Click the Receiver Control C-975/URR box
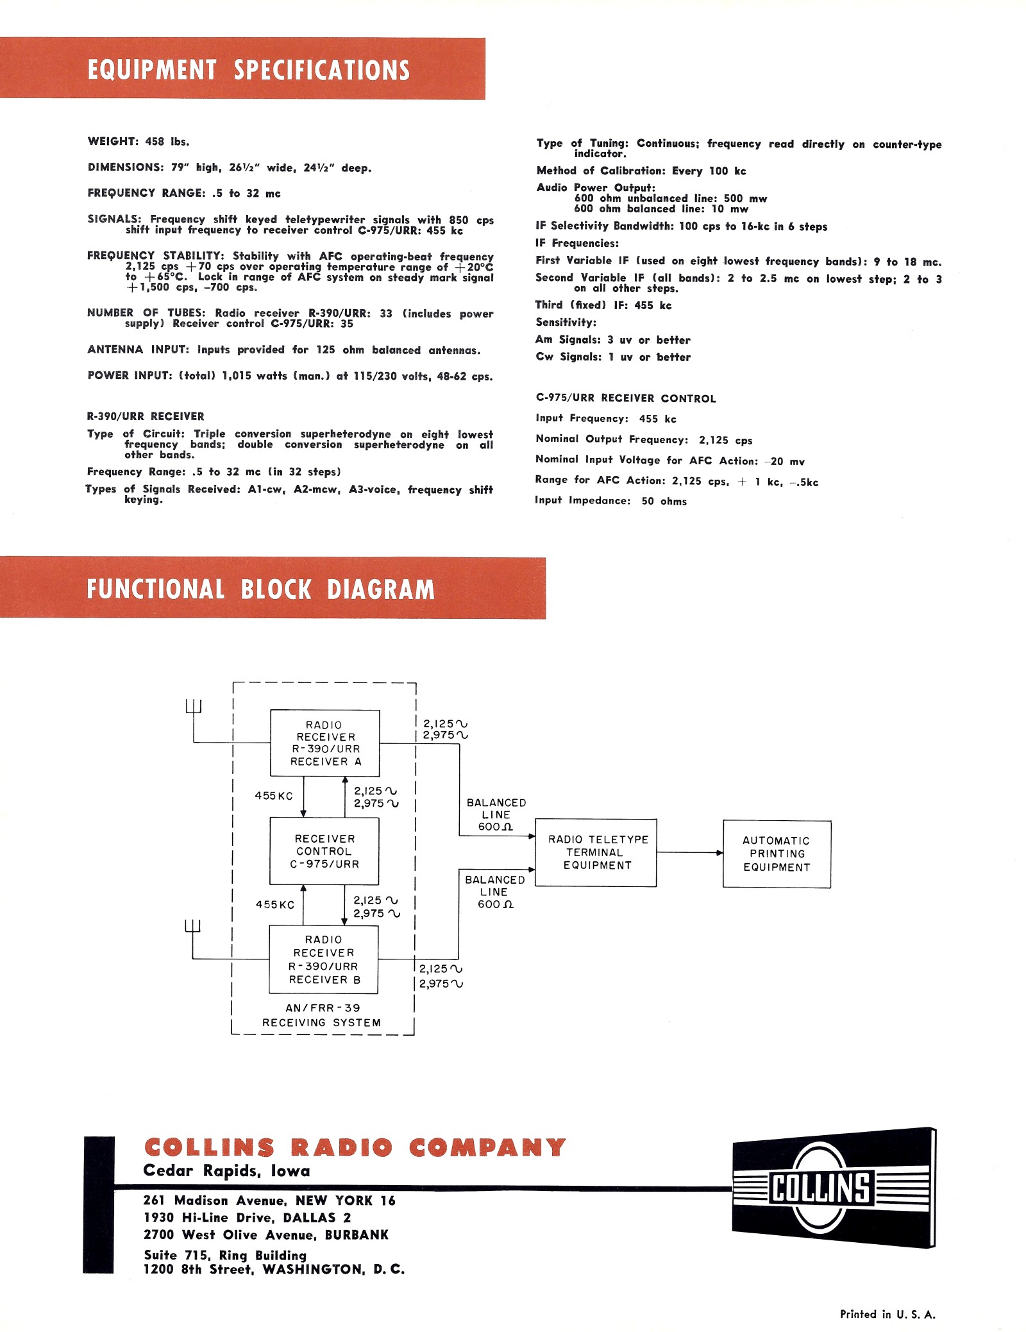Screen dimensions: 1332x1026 (324, 851)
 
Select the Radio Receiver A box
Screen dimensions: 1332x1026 (325, 743)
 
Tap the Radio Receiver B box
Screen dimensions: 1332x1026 (324, 959)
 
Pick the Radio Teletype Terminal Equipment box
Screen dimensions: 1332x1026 (596, 852)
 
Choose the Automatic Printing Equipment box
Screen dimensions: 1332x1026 (777, 854)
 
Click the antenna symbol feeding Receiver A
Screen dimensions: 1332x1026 (194, 707)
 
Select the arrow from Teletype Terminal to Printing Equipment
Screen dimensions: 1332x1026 (689, 852)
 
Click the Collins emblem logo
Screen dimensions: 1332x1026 (833, 1187)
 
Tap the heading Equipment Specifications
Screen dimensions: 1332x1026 (248, 69)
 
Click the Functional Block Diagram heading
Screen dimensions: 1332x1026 (260, 589)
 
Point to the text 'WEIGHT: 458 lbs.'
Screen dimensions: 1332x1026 (139, 141)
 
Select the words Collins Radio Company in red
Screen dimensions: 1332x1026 (355, 1147)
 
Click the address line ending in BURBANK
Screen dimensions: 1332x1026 (266, 1235)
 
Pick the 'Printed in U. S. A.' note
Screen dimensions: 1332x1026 (887, 1314)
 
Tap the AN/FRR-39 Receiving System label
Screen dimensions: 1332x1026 (322, 1015)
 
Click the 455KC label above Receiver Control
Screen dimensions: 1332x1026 (274, 795)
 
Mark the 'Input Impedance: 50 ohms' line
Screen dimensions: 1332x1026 (610, 501)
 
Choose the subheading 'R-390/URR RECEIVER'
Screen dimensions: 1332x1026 (146, 416)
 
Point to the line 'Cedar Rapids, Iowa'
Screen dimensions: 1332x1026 (226, 1170)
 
